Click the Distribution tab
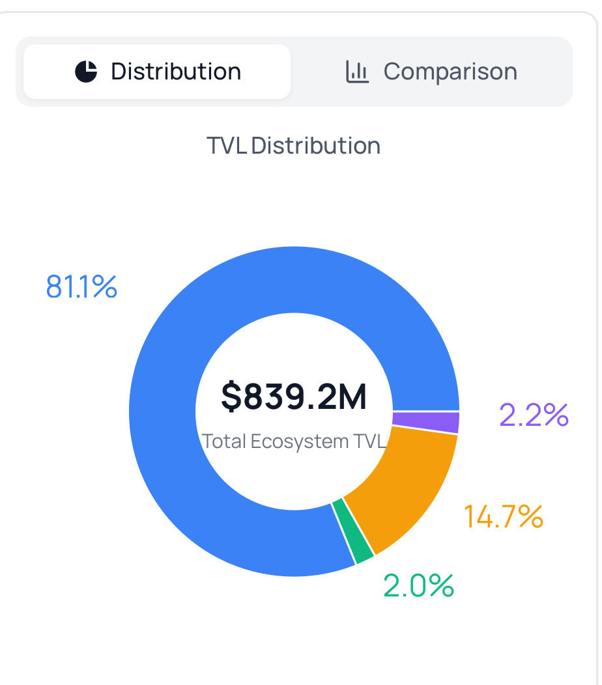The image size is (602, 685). [x=157, y=72]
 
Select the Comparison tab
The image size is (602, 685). [x=431, y=72]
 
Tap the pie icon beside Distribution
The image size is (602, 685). [x=86, y=72]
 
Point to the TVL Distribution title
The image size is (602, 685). [x=293, y=145]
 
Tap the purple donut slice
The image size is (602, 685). [x=426, y=422]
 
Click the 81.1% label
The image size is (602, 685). [x=81, y=287]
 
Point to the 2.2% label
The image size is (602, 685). [x=534, y=415]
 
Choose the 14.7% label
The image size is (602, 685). [x=503, y=516]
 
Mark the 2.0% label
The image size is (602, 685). [x=418, y=585]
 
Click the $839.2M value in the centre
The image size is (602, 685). [x=294, y=397]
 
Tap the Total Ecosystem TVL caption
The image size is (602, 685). [x=294, y=441]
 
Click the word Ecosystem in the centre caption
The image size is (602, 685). [x=300, y=441]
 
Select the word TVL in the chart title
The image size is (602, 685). [x=227, y=145]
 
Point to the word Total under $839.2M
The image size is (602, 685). [x=225, y=441]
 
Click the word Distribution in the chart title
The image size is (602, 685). [x=316, y=145]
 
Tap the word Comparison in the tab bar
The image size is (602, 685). [x=450, y=72]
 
